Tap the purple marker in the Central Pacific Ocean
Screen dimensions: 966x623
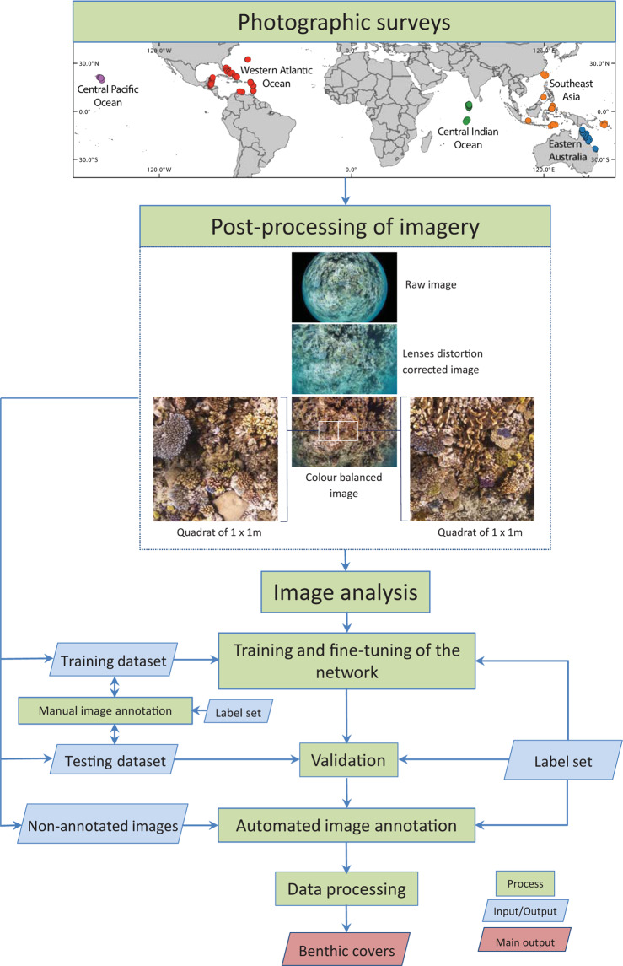click(x=102, y=78)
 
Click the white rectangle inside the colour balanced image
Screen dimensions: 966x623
click(x=338, y=430)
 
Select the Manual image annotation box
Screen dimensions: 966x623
click(x=105, y=710)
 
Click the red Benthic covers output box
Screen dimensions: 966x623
click(x=348, y=950)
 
